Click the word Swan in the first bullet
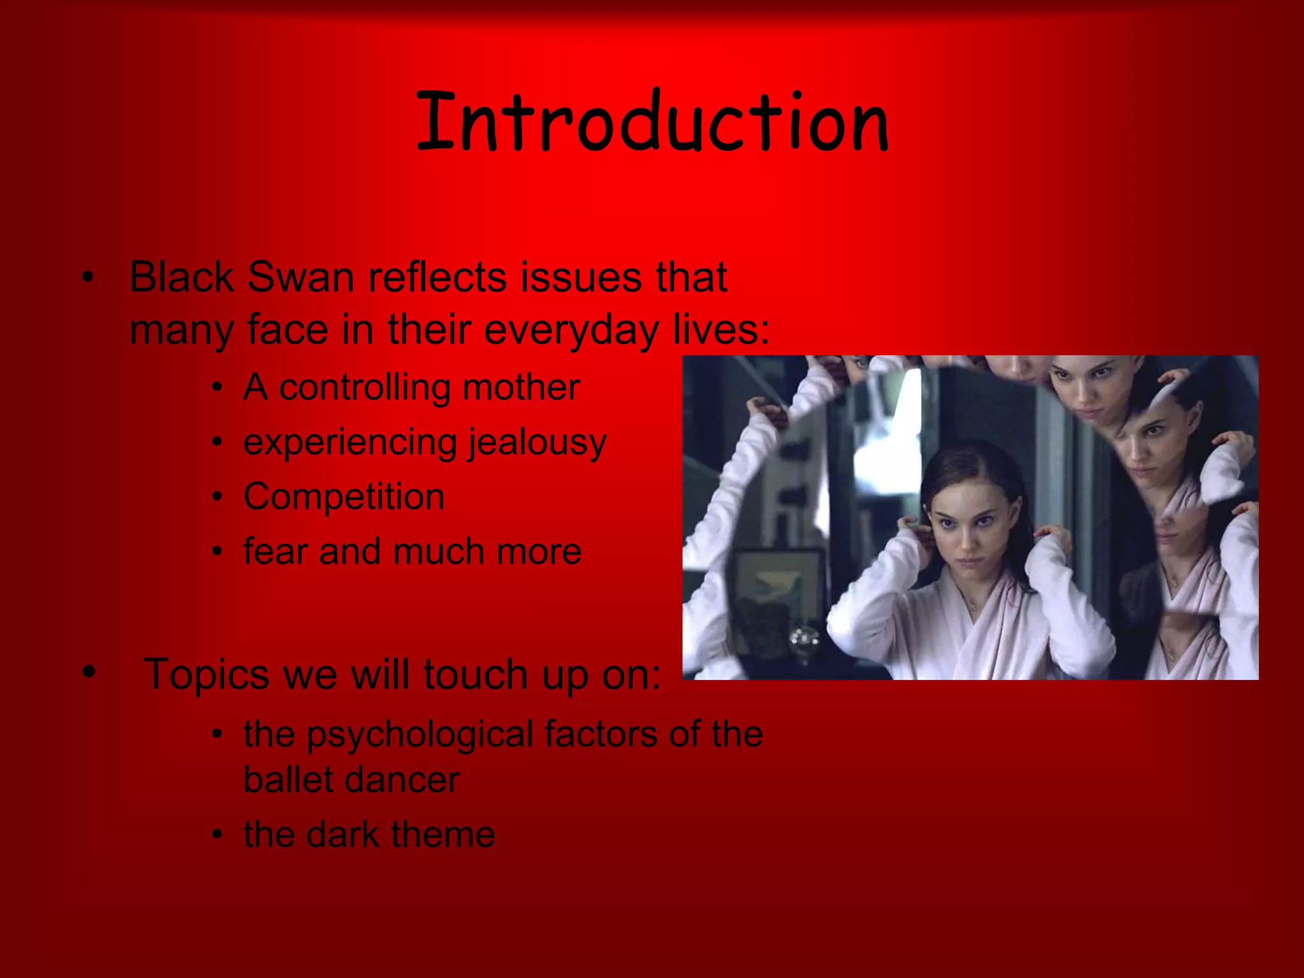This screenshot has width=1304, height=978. point(301,278)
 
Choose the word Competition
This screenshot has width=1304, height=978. point(344,497)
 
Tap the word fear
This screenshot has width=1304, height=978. point(275,551)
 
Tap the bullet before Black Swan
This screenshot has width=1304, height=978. point(88,278)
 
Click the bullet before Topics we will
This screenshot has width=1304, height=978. point(89,672)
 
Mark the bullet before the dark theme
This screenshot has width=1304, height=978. point(218,835)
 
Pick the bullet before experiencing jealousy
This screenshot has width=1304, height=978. point(218,442)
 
